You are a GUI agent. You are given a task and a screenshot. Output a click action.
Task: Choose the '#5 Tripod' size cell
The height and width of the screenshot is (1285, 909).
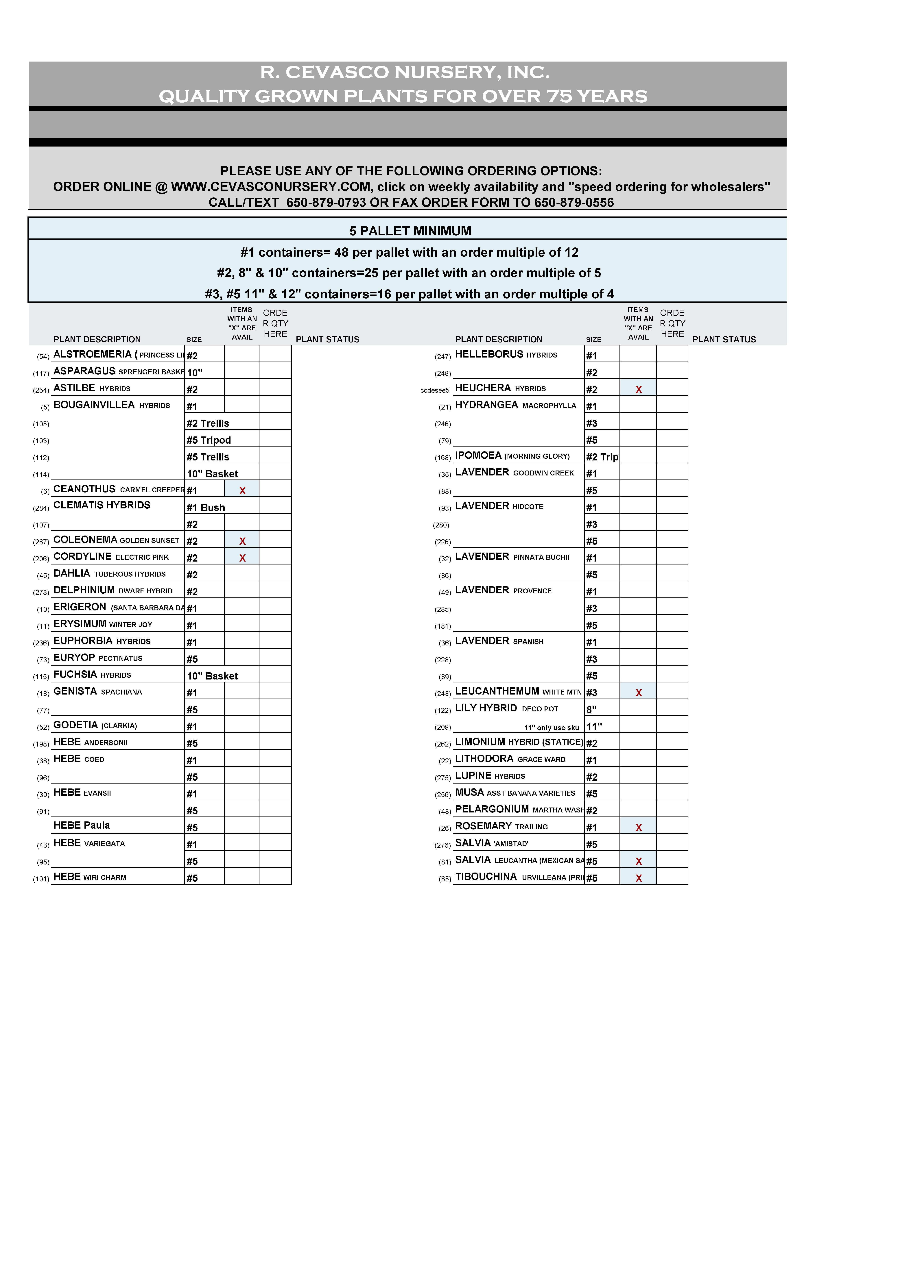click(208, 440)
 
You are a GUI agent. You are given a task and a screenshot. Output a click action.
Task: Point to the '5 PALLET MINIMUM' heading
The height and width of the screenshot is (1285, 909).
click(410, 231)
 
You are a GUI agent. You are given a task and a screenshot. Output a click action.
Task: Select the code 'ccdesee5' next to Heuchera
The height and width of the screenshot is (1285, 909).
click(435, 390)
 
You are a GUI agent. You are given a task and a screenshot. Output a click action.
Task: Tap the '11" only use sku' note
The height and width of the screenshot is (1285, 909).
click(551, 727)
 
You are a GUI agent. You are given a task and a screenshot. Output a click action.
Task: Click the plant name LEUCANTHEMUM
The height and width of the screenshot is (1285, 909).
click(497, 691)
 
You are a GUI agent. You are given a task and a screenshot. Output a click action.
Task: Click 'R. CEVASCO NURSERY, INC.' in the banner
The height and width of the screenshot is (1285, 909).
click(404, 72)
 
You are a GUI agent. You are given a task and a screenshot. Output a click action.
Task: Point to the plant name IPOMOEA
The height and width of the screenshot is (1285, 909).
click(478, 456)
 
